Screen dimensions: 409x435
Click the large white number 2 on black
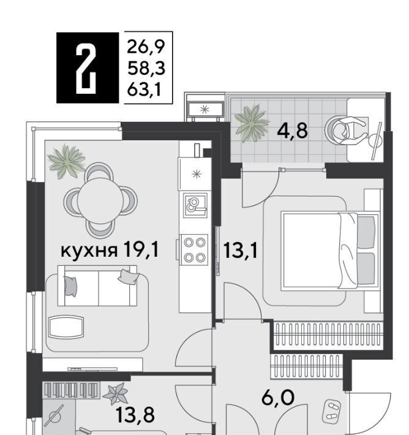click(x=86, y=69)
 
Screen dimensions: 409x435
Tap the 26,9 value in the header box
click(x=146, y=47)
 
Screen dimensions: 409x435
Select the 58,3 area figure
click(x=146, y=68)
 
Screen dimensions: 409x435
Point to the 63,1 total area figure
click(x=144, y=89)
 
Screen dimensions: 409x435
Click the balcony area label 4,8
click(x=292, y=130)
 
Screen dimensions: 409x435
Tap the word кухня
click(x=89, y=251)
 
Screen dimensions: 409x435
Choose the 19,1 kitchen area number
click(x=141, y=249)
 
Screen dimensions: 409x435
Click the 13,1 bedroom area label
click(x=240, y=250)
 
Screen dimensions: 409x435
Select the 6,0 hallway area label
click(x=278, y=398)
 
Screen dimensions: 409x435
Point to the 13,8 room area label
click(x=135, y=414)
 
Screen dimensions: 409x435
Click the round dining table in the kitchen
click(x=100, y=200)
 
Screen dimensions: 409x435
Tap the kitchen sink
click(x=195, y=205)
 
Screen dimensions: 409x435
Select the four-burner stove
click(x=194, y=250)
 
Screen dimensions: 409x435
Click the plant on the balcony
click(x=252, y=123)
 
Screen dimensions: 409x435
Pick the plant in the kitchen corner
click(x=67, y=162)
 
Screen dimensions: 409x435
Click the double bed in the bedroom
click(x=330, y=251)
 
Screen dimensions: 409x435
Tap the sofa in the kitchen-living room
click(x=97, y=286)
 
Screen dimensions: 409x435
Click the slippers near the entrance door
click(x=331, y=412)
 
